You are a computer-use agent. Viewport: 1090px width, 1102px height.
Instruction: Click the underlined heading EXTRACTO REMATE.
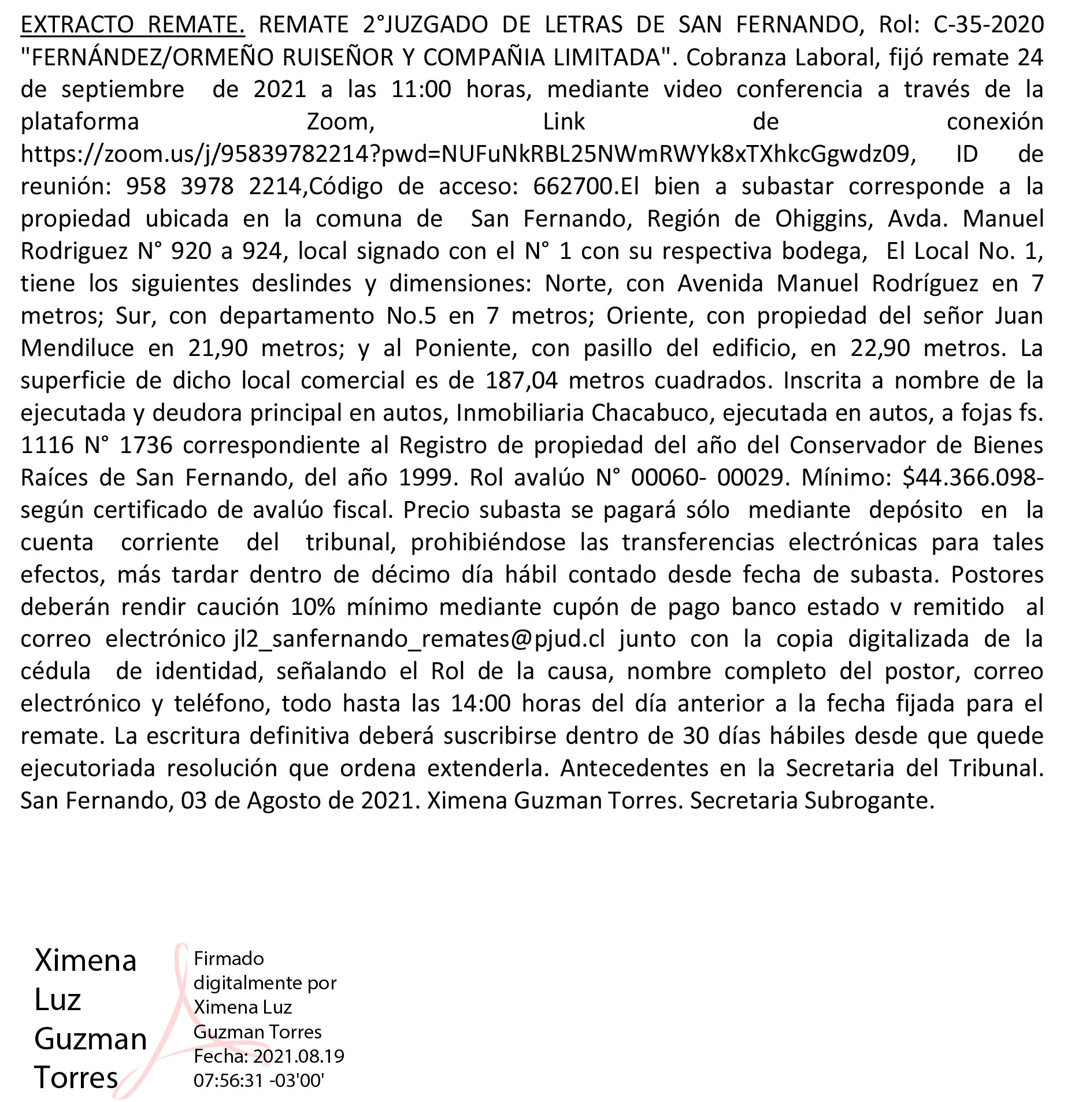pyautogui.click(x=132, y=25)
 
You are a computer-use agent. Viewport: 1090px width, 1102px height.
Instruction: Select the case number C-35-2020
pyautogui.click(x=988, y=25)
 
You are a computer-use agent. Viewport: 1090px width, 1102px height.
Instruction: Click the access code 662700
pyautogui.click(x=573, y=187)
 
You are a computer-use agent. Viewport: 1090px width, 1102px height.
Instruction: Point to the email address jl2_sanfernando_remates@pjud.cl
pyautogui.click(x=420, y=639)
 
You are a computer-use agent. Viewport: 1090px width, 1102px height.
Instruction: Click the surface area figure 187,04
pyautogui.click(x=522, y=381)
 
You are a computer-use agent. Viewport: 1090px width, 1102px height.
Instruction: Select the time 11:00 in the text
pyautogui.click(x=421, y=90)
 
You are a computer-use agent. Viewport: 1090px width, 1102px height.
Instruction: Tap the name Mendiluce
pyautogui.click(x=77, y=348)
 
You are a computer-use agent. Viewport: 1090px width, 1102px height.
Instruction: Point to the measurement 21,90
pyautogui.click(x=218, y=348)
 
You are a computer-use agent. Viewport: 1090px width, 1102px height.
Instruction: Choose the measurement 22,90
pyautogui.click(x=880, y=348)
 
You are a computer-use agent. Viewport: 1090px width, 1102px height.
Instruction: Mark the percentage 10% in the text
pyautogui.click(x=313, y=607)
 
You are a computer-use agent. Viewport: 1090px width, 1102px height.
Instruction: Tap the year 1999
pyautogui.click(x=425, y=478)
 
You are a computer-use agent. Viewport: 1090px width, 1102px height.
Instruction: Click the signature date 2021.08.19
pyautogui.click(x=298, y=1056)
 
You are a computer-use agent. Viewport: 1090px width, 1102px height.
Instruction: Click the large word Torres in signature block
pyautogui.click(x=76, y=1078)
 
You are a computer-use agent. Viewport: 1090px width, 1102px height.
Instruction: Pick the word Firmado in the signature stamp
pyautogui.click(x=229, y=959)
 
